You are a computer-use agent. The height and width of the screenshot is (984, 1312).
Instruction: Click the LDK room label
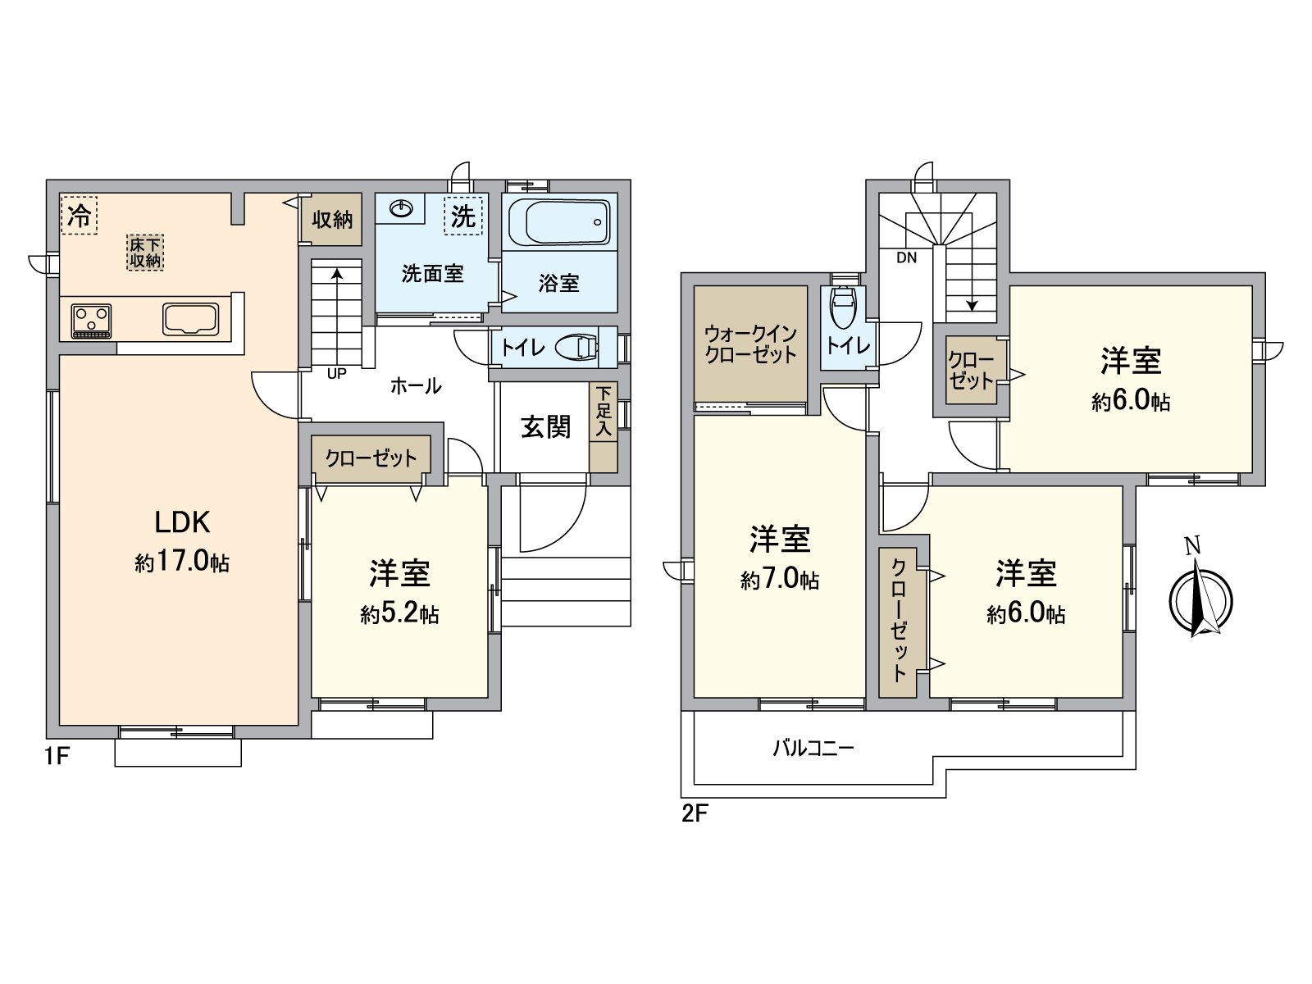[183, 522]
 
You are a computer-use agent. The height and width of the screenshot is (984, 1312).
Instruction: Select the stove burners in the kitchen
[92, 320]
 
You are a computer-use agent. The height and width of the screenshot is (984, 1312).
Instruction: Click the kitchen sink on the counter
[191, 319]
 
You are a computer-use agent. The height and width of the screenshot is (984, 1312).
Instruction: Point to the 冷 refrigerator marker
[80, 216]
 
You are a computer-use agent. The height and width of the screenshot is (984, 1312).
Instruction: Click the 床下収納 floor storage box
[145, 253]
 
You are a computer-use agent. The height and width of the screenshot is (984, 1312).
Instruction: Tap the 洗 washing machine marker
[463, 216]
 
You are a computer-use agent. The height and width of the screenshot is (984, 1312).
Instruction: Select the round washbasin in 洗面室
[401, 210]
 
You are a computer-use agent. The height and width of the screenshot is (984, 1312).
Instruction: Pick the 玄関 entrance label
[545, 426]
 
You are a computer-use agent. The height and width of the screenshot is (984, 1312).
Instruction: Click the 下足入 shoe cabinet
[604, 427]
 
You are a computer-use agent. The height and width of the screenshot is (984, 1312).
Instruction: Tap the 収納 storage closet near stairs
[332, 220]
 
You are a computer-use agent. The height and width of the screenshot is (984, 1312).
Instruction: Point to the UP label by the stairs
[336, 374]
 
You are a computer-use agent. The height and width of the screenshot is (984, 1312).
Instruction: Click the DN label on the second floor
[906, 257]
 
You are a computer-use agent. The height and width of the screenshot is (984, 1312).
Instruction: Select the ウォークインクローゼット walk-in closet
[750, 344]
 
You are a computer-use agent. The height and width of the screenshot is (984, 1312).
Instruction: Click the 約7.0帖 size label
[780, 580]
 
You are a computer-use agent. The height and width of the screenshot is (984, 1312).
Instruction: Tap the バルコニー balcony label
[813, 748]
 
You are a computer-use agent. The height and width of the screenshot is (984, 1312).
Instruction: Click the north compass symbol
[1200, 599]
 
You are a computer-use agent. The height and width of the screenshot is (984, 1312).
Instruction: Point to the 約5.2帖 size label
[399, 614]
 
